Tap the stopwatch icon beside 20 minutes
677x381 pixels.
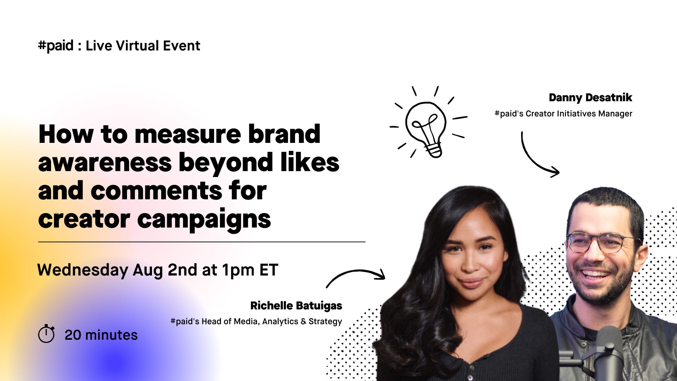(46, 333)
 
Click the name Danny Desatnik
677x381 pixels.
(590, 97)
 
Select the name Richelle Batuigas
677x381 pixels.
(296, 306)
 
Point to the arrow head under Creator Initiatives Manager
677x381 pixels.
(554, 172)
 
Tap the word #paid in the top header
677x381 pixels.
(56, 46)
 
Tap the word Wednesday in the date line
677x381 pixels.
(83, 270)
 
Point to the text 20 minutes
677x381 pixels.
(101, 335)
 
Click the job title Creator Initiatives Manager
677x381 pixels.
(579, 114)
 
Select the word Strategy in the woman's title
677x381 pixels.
(325, 322)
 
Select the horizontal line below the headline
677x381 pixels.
(202, 242)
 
